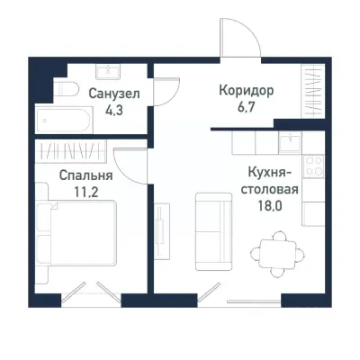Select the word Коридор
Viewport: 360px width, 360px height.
click(246, 91)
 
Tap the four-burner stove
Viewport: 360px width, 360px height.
click(315, 166)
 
